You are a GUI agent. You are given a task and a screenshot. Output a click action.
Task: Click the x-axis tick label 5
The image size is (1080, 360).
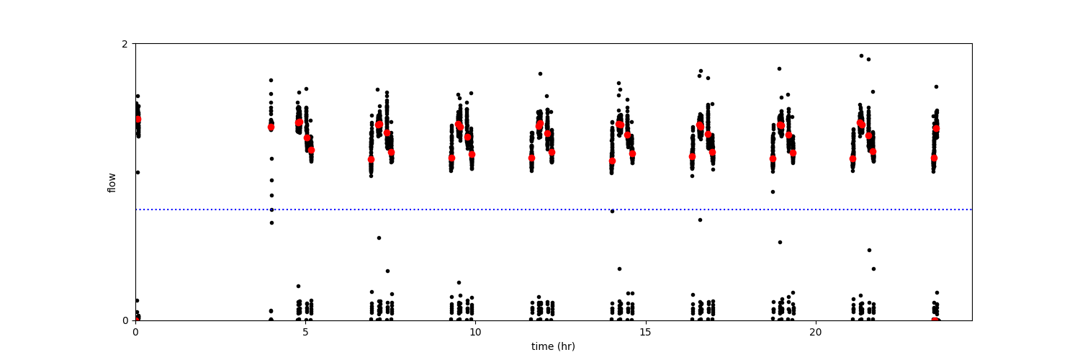305,332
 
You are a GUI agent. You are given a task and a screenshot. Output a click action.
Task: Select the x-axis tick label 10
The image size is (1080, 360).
475,332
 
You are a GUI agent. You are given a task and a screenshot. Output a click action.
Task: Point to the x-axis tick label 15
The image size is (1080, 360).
645,332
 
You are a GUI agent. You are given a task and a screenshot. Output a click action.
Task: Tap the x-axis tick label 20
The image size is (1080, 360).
815,332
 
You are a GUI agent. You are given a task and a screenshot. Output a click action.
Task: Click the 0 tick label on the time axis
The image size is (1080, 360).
135,332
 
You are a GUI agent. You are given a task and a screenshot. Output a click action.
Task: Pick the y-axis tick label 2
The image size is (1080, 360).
125,44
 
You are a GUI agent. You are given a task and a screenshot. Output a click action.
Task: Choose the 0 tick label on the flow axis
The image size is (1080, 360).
125,320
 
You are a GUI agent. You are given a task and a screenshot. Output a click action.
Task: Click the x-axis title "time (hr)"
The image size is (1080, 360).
553,346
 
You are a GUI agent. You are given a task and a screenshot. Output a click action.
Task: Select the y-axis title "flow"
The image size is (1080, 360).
112,182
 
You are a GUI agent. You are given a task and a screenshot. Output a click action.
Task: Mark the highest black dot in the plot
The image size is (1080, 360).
860,55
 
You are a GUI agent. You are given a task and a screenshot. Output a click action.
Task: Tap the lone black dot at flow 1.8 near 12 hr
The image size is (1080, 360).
540,73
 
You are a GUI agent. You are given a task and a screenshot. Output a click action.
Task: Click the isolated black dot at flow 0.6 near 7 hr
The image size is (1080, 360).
379,238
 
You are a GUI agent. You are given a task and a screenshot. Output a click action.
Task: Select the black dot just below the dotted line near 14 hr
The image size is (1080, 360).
612,211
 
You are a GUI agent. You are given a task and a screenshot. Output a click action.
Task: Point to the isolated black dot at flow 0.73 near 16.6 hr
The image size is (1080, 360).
700,220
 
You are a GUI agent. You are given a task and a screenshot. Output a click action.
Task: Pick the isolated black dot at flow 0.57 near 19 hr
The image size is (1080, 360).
780,242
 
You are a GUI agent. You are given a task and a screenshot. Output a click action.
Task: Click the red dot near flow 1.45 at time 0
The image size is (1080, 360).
138,120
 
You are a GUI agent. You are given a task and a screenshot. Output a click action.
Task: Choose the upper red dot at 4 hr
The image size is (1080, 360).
271,127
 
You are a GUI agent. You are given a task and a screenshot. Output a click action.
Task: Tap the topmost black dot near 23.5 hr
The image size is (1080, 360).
936,86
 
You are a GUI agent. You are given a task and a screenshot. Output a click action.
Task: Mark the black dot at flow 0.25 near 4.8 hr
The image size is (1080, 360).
298,286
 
